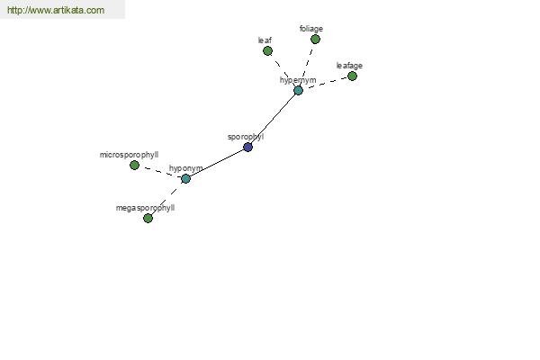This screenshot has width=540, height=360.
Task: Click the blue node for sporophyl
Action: click(x=248, y=147)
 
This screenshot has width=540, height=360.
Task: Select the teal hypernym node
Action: click(x=298, y=91)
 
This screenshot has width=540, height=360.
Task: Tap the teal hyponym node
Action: click(x=185, y=178)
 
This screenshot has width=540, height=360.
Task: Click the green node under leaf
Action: click(x=267, y=51)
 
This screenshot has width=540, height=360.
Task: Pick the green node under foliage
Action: click(x=315, y=40)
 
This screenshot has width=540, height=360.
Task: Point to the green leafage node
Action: click(x=352, y=76)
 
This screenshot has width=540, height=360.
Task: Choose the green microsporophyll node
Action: click(x=134, y=166)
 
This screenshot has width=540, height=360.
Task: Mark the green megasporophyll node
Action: click(x=148, y=218)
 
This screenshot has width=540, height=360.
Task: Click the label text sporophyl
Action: click(x=246, y=137)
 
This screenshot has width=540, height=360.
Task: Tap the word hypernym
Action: click(x=298, y=80)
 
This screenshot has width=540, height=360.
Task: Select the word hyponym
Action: click(x=186, y=168)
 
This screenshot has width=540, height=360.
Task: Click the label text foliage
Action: click(x=311, y=29)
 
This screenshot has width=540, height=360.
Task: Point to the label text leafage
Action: click(x=349, y=66)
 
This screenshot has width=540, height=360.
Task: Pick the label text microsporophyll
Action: click(x=129, y=155)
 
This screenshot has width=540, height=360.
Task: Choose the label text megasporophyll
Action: click(x=145, y=208)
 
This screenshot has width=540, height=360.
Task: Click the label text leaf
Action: click(x=265, y=40)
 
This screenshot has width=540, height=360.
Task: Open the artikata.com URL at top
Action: click(x=56, y=10)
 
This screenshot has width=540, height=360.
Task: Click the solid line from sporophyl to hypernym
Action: click(x=272, y=119)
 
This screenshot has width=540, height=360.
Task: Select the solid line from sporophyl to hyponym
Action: click(x=217, y=163)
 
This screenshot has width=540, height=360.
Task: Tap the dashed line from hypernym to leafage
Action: click(x=328, y=83)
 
